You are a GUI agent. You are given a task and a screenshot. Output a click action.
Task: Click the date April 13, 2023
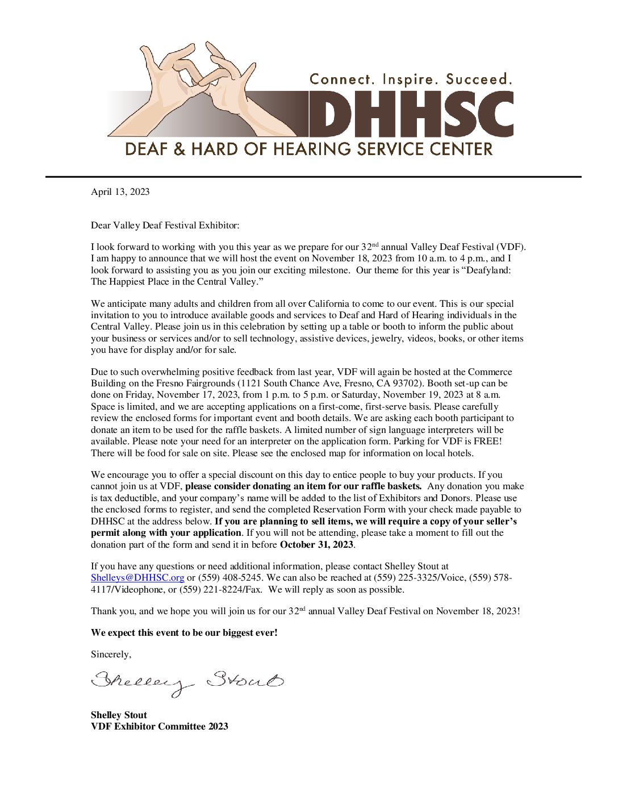point(120,192)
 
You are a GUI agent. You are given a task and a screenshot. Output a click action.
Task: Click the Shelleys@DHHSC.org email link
point(137,578)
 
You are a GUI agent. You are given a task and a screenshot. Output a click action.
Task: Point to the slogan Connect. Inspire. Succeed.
point(411,79)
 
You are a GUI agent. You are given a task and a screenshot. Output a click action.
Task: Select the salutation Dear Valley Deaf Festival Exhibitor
point(165,226)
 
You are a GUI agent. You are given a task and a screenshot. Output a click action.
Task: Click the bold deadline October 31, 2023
point(317,544)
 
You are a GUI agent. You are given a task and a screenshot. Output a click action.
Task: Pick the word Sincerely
point(111,655)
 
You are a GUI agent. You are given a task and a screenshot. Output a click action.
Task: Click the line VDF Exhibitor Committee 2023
point(160,727)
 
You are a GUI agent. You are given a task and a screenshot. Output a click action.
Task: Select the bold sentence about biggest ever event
point(184,632)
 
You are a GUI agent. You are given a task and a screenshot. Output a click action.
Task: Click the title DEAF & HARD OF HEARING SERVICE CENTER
point(308,149)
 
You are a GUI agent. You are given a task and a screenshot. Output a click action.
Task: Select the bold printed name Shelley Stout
point(119,715)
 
